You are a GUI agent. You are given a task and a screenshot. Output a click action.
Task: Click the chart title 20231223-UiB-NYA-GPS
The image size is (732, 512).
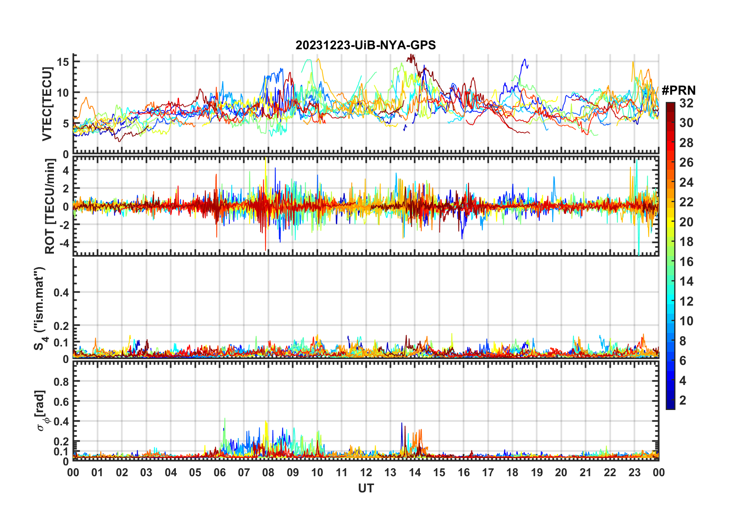366,45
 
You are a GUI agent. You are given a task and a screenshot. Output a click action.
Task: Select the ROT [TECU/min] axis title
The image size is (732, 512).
50,206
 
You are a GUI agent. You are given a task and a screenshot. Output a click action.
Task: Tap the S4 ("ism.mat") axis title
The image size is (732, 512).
40,308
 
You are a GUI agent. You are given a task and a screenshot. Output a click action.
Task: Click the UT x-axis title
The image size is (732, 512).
366,489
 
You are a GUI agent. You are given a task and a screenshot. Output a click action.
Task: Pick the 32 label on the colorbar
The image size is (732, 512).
686,103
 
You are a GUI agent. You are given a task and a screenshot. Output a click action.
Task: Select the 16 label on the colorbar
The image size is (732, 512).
686,262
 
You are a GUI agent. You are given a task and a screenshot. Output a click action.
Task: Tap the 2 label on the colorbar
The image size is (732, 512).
683,400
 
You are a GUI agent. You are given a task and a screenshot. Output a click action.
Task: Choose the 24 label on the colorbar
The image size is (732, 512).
686,182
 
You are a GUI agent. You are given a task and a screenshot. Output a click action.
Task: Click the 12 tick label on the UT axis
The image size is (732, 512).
366,472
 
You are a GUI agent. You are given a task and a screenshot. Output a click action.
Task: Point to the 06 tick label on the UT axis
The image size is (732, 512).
220,472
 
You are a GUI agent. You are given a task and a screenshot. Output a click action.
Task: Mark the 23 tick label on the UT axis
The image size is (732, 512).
634,472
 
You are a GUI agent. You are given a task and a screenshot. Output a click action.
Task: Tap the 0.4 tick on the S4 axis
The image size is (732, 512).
61,292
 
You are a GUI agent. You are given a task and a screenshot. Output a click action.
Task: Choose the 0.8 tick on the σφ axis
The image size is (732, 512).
61,381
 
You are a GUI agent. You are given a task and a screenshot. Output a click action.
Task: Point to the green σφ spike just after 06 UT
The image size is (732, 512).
225,420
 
